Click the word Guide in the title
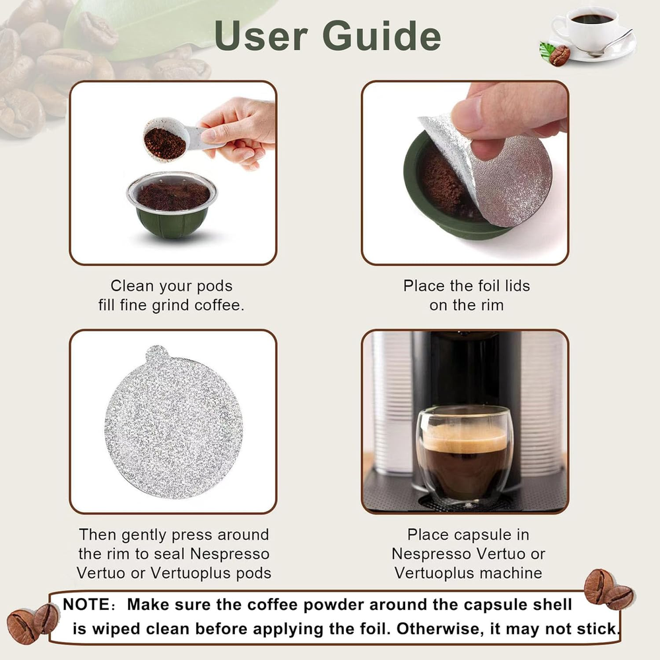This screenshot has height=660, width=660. pos(381,36)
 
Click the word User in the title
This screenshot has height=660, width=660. pos(261,36)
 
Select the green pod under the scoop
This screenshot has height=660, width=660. pos(172,204)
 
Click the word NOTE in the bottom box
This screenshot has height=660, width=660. pos(86,605)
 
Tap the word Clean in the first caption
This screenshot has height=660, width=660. pos(132,286)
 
